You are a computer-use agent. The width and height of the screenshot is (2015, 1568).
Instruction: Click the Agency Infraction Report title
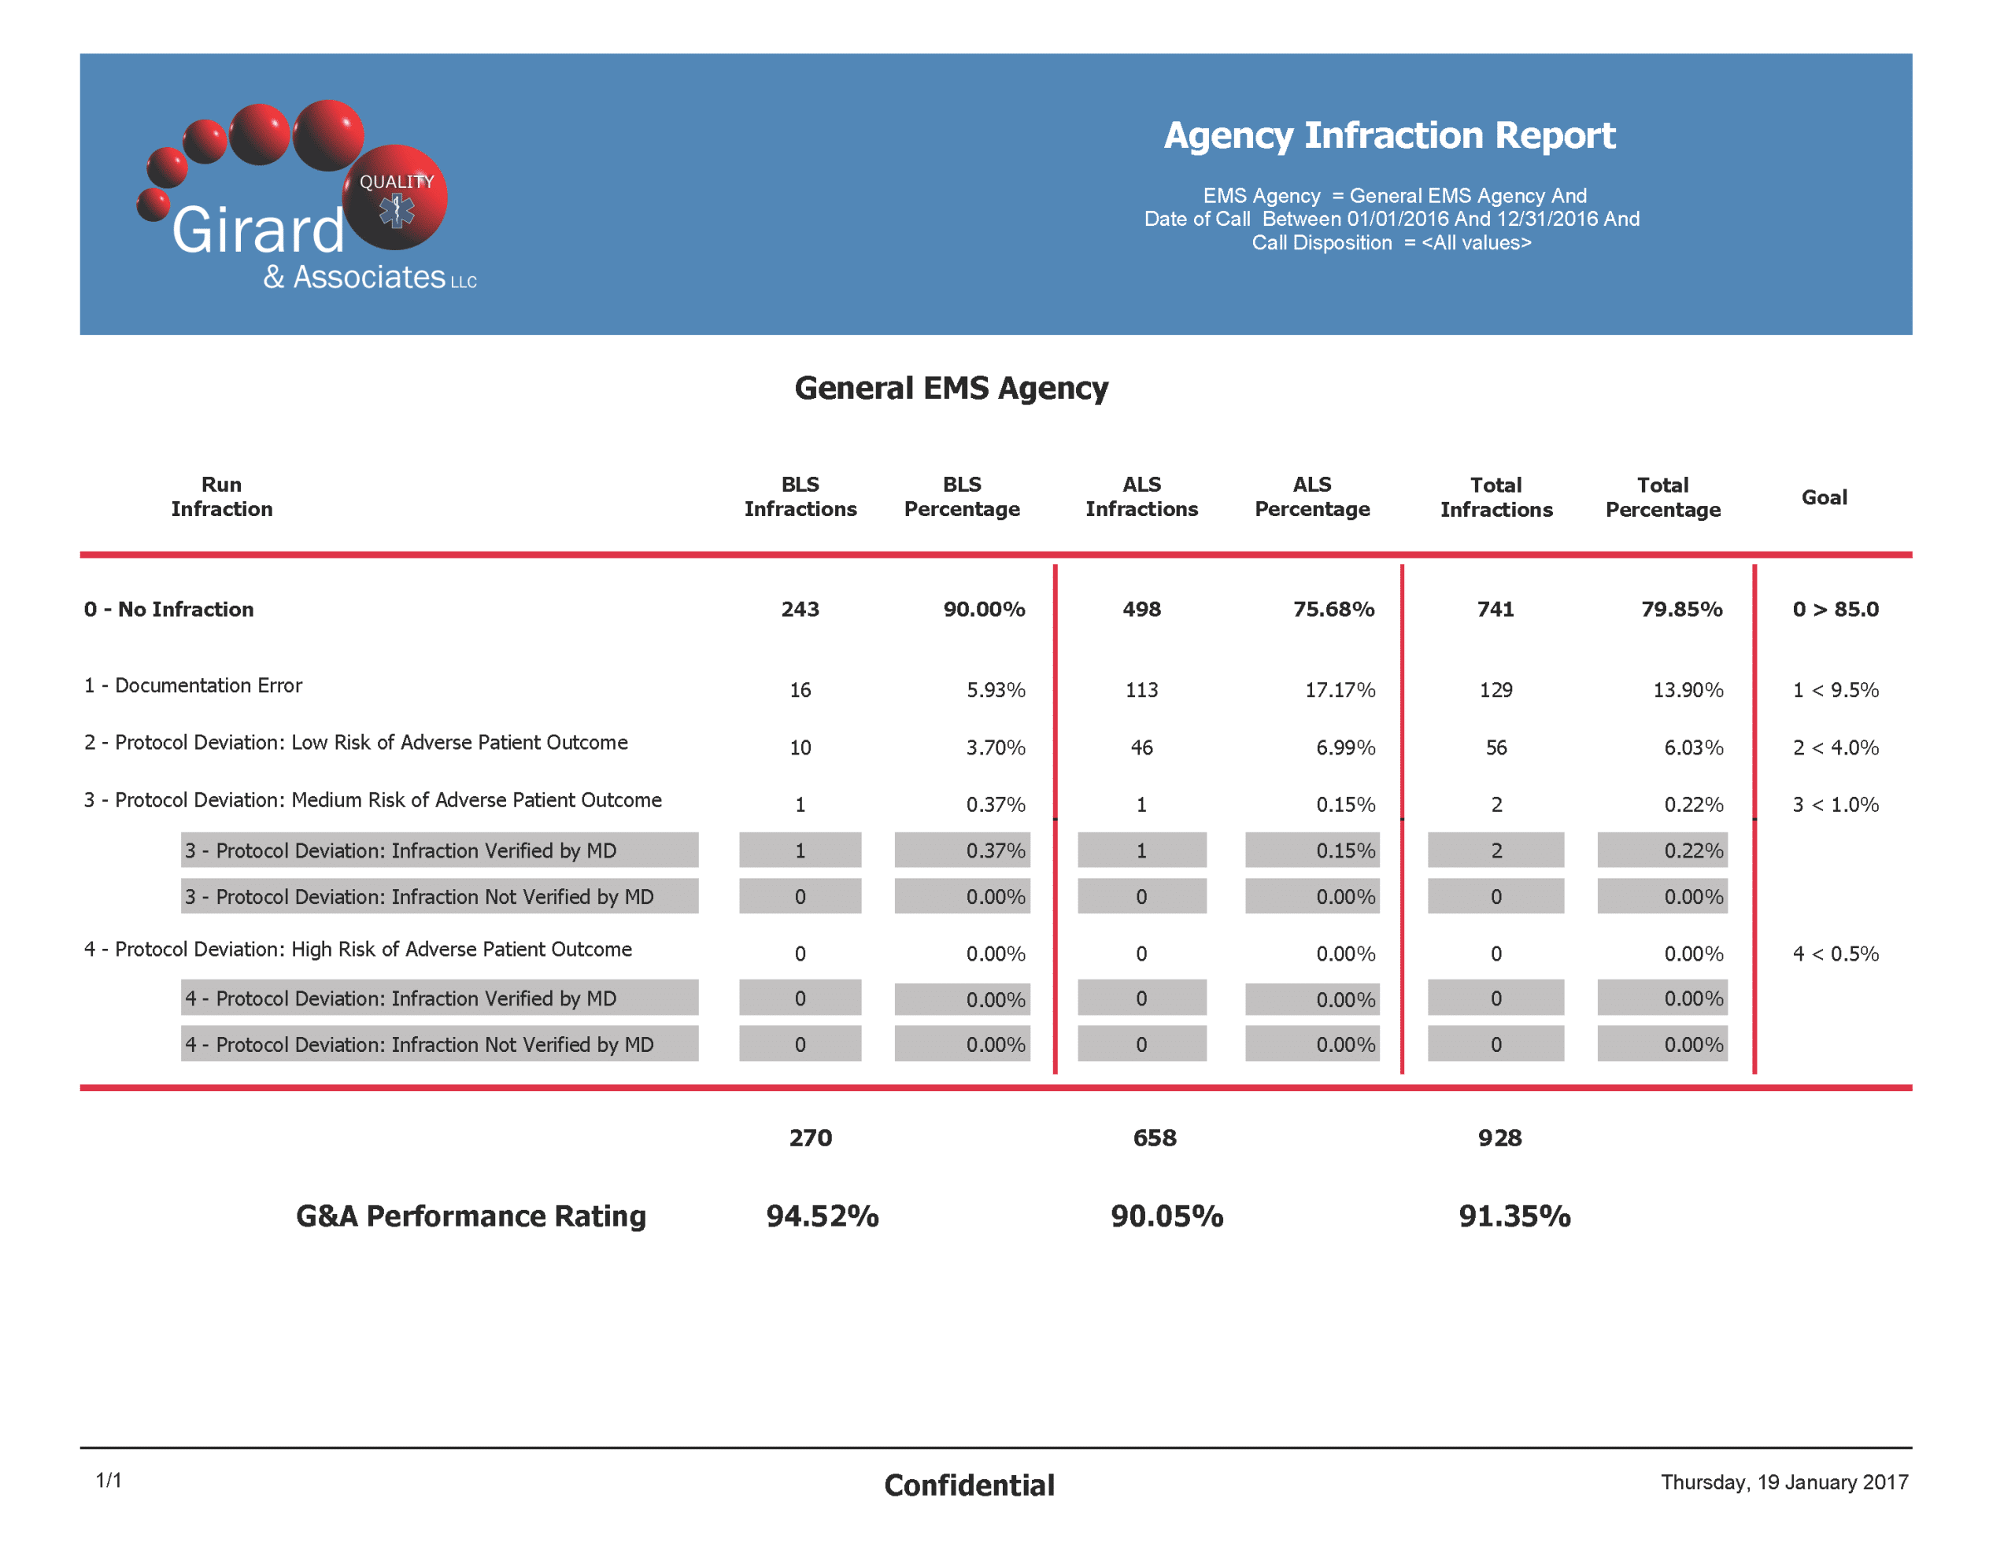pyautogui.click(x=1389, y=135)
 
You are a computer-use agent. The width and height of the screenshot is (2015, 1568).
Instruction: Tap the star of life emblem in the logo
pyautogui.click(x=397, y=211)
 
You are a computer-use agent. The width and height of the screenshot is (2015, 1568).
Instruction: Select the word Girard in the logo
pyautogui.click(x=258, y=230)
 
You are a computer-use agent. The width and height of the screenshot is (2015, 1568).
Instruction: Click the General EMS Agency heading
pyautogui.click(x=951, y=389)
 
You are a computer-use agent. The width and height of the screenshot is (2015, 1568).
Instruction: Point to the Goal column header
pyautogui.click(x=1824, y=497)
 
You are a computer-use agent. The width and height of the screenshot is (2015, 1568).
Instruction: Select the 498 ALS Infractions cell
pyautogui.click(x=1141, y=609)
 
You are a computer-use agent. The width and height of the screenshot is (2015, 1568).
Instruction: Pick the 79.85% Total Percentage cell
pyautogui.click(x=1681, y=609)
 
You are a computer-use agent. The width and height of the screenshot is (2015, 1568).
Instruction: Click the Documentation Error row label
pyautogui.click(x=193, y=685)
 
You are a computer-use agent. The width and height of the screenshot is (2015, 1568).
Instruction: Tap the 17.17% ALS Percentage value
pyautogui.click(x=1340, y=690)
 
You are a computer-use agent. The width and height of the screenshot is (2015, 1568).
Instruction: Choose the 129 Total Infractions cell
pyautogui.click(x=1496, y=690)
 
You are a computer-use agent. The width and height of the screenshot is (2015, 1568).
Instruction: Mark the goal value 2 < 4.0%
pyautogui.click(x=1835, y=747)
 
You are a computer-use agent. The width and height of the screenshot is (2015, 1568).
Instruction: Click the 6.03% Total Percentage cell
pyautogui.click(x=1693, y=747)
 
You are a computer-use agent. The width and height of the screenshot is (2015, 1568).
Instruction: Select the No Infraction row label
pyautogui.click(x=169, y=609)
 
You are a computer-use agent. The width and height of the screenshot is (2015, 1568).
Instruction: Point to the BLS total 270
pyautogui.click(x=810, y=1138)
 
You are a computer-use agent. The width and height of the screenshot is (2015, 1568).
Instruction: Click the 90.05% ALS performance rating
pyautogui.click(x=1167, y=1216)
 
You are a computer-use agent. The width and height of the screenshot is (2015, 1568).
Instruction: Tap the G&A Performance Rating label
pyautogui.click(x=471, y=1216)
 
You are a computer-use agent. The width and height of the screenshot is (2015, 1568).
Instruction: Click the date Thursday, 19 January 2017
pyautogui.click(x=1784, y=1482)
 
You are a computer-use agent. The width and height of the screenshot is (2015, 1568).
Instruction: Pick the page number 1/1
pyautogui.click(x=109, y=1481)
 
